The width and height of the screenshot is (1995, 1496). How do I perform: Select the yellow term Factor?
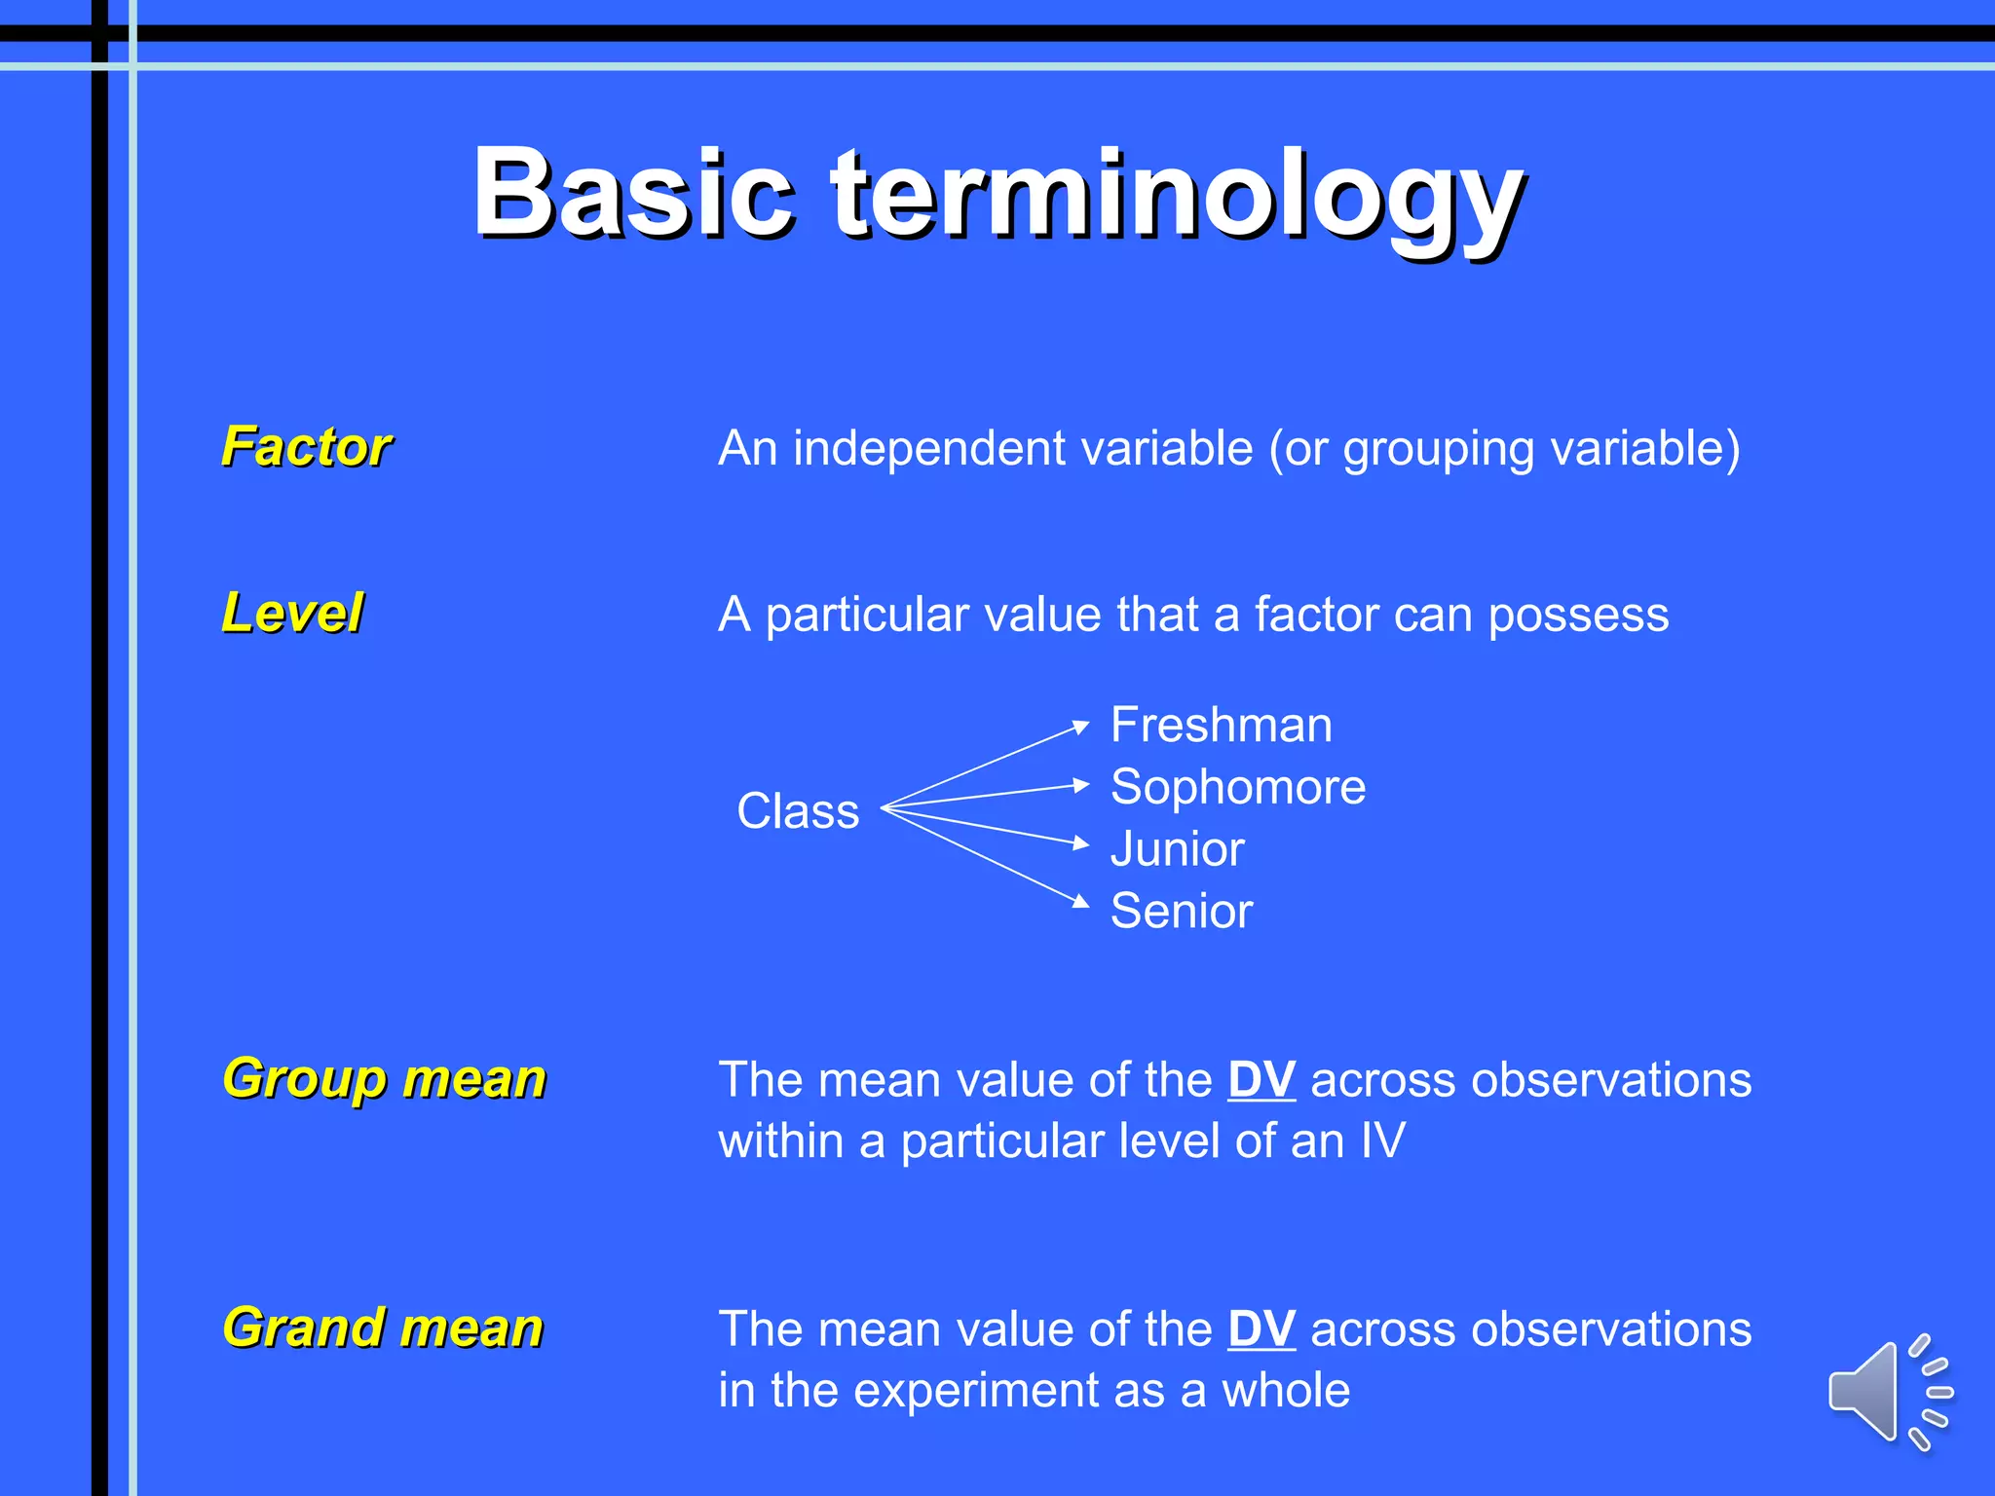click(306, 447)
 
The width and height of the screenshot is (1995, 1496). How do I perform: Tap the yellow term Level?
click(292, 614)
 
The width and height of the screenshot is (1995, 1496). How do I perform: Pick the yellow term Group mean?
click(384, 1079)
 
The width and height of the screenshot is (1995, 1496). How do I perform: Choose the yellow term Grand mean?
click(382, 1328)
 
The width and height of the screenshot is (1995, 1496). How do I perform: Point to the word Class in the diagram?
click(798, 811)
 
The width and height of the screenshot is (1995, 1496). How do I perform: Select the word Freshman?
click(1221, 726)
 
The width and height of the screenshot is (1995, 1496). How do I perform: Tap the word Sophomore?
click(1237, 787)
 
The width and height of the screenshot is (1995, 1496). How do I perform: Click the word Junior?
click(1177, 849)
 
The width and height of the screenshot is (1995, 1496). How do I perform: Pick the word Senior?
click(1181, 912)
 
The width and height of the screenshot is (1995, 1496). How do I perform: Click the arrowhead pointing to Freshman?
click(1080, 726)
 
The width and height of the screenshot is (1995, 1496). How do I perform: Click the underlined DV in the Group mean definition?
click(1261, 1079)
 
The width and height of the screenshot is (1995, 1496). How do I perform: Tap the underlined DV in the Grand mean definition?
click(1261, 1328)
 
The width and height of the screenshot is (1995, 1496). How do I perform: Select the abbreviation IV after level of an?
click(1382, 1141)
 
